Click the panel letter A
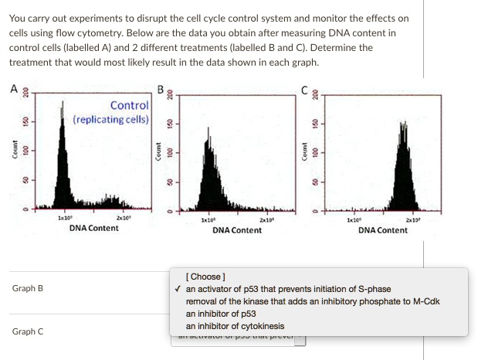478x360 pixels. coord(13,88)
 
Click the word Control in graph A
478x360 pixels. coord(129,105)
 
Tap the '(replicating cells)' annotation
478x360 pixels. coord(112,120)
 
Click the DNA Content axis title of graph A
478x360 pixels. coord(94,228)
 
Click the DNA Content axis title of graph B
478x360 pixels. coord(237,230)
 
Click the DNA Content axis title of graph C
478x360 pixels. coord(383,230)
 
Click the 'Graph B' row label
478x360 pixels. coord(28,289)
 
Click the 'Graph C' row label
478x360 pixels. coord(28,331)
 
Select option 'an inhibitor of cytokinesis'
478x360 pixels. coord(235,326)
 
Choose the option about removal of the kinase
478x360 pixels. coord(313,301)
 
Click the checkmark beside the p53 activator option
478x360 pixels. coord(178,289)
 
